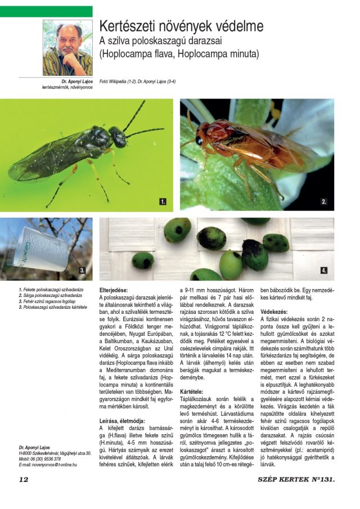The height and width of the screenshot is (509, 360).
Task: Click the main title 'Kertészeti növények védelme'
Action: [x=181, y=26]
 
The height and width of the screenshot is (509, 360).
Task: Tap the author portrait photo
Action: [x=67, y=48]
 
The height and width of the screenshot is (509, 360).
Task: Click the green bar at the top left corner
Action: [x=46, y=11]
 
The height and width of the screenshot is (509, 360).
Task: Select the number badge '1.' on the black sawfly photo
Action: [x=163, y=201]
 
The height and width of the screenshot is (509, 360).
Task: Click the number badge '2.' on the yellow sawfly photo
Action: [x=324, y=201]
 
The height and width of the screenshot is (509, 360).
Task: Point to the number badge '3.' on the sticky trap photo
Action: [x=82, y=271]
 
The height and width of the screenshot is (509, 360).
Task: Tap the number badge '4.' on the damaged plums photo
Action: [x=324, y=271]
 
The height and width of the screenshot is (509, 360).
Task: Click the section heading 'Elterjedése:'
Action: [x=115, y=288]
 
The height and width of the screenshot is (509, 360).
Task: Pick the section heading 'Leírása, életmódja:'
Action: [x=122, y=420]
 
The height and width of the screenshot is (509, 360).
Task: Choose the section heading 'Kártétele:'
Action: [x=192, y=391]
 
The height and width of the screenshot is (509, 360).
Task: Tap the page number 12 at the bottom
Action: [x=24, y=479]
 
